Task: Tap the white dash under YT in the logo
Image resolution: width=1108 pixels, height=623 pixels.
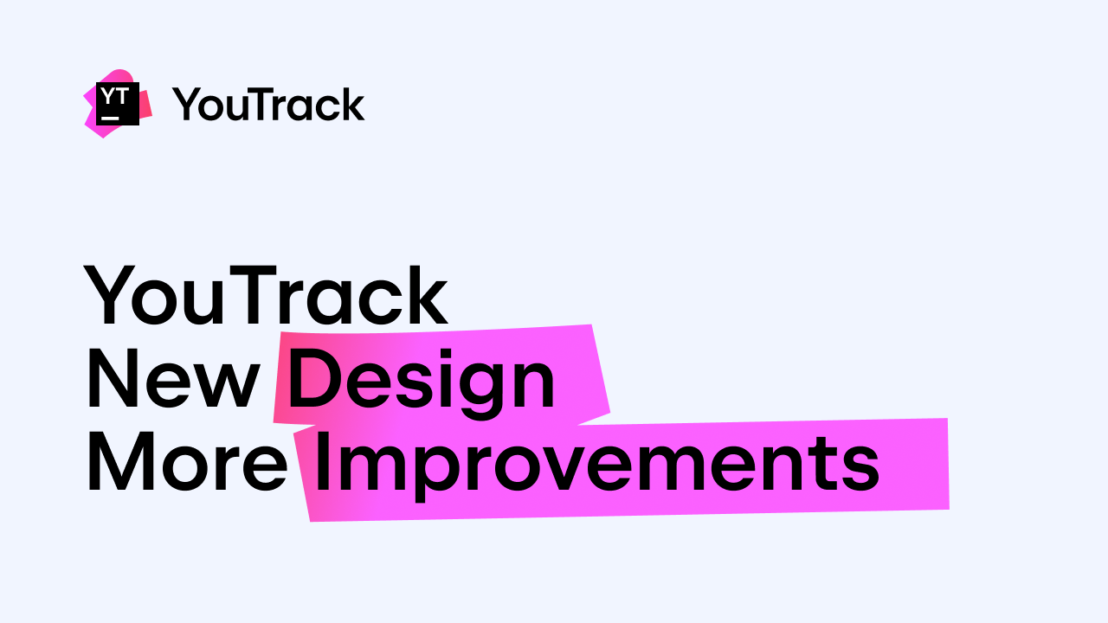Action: pos(110,115)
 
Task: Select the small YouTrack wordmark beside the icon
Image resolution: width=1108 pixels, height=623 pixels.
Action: pos(268,105)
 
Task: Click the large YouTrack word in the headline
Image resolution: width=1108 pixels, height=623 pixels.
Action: pos(266,296)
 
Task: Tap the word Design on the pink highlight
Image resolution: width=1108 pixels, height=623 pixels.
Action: pos(422,381)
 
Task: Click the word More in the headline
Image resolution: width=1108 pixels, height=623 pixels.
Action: pos(186,465)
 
